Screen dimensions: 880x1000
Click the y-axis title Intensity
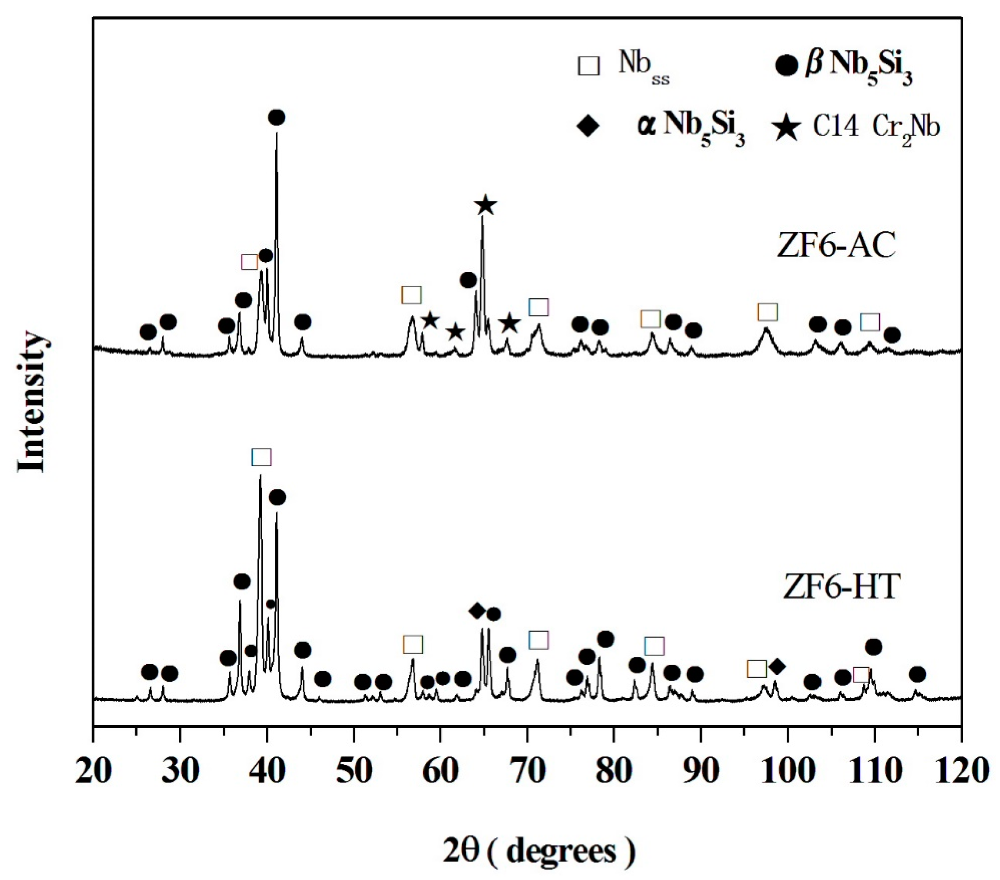coord(31,402)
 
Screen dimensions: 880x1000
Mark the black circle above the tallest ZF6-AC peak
coord(277,117)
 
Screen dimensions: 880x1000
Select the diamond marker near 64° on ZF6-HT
coord(477,610)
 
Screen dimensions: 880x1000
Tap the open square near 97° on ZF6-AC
coord(767,311)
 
